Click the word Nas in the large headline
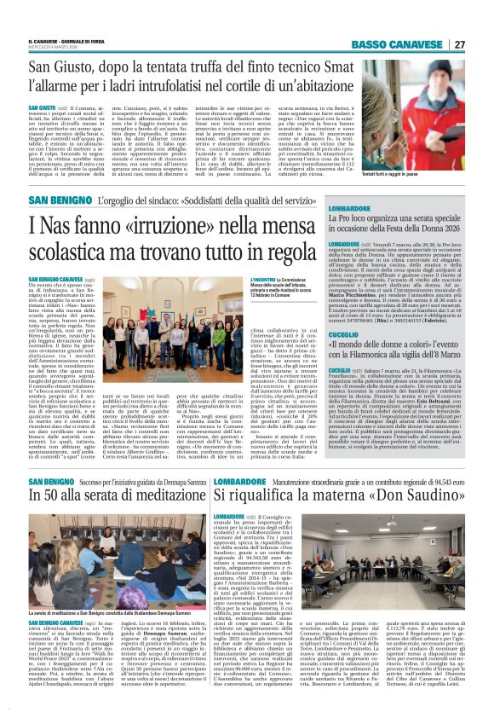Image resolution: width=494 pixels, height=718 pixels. [58, 225]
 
